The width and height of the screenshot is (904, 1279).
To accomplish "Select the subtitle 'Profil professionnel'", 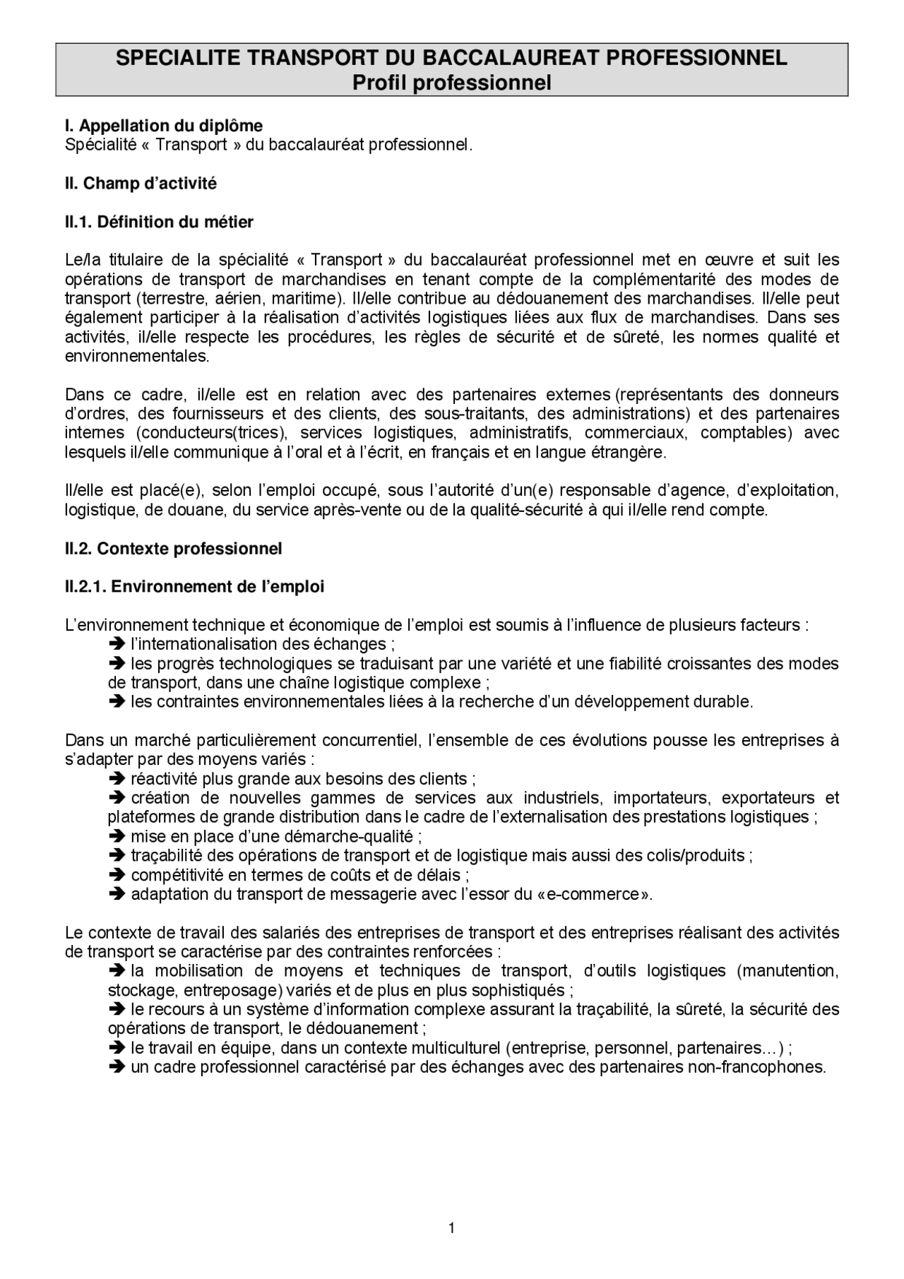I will (x=451, y=83).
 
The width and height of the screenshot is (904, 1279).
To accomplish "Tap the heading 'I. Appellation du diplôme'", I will (x=164, y=126).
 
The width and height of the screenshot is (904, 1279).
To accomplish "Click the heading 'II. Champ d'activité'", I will (x=141, y=184).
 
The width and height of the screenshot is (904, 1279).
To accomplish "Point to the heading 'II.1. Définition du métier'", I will (x=159, y=222).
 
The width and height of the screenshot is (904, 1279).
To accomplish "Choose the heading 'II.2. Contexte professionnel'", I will (x=173, y=549).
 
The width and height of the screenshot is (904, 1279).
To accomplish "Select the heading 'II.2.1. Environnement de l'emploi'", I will (x=194, y=587).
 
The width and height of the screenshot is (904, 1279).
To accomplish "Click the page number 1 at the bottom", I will (x=451, y=1228).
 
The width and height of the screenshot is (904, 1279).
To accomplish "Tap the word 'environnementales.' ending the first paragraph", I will (x=137, y=356).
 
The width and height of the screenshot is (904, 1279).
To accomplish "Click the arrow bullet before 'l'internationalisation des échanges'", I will (x=117, y=644).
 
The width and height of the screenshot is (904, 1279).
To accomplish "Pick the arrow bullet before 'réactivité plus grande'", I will (x=117, y=779).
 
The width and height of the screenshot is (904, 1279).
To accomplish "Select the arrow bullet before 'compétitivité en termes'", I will (x=117, y=875).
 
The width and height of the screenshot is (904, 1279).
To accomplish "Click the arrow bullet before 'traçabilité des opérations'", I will (x=117, y=856).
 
